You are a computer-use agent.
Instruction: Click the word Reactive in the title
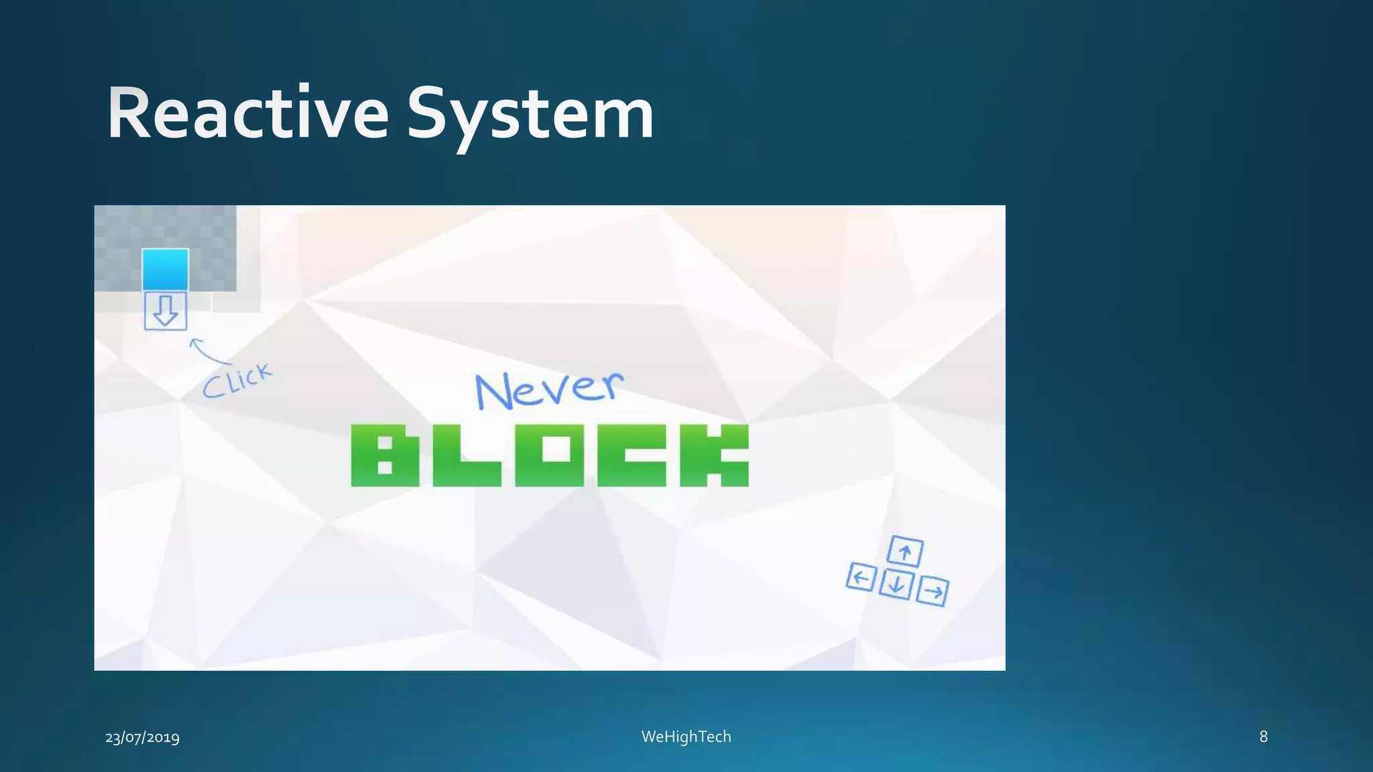point(248,114)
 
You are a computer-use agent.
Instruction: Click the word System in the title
point(530,115)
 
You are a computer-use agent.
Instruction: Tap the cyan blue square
point(165,269)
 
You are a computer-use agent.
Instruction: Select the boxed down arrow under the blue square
point(166,311)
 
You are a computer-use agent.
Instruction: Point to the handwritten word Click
point(237,381)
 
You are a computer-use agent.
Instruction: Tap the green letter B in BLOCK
point(385,455)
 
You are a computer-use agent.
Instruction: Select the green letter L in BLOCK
point(467,455)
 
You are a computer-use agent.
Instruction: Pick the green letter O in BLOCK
point(549,455)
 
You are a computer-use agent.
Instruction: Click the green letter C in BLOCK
point(632,455)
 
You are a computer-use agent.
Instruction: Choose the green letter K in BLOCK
point(714,455)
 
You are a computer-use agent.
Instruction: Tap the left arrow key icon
point(861,577)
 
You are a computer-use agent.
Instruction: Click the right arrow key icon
point(933,591)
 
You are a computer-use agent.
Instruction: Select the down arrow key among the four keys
point(896,584)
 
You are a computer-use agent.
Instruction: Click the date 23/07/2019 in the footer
point(142,738)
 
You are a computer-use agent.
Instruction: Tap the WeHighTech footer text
point(686,736)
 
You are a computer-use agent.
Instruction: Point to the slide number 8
point(1263,736)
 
